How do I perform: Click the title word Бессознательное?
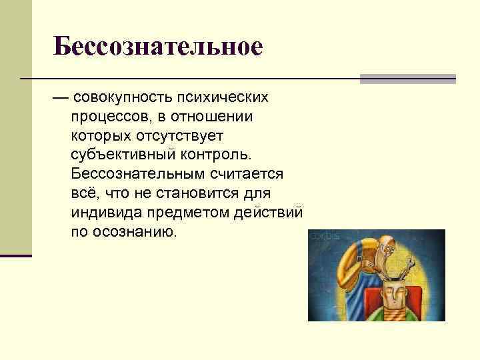(x=159, y=47)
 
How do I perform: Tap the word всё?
(x=83, y=193)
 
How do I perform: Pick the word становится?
(x=185, y=193)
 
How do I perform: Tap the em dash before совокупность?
(x=61, y=99)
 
